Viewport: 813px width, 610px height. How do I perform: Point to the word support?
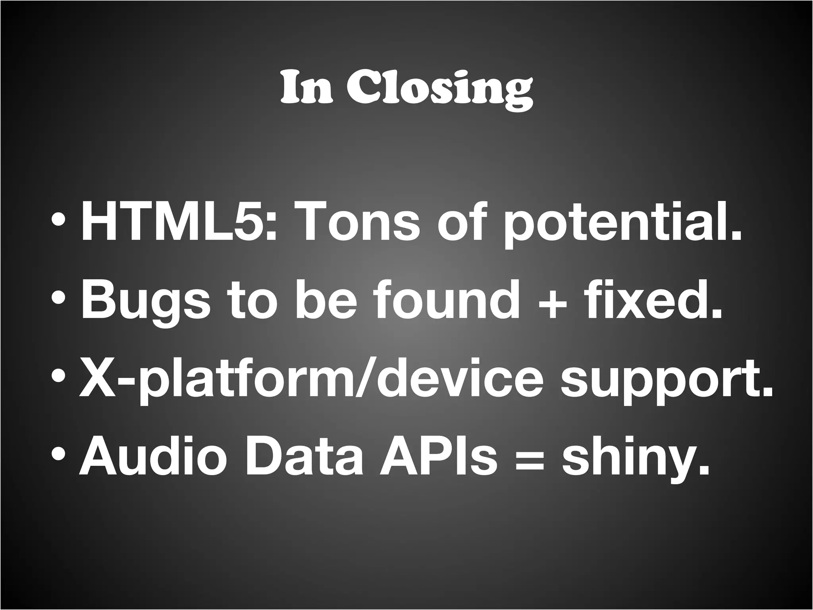tap(667, 383)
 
